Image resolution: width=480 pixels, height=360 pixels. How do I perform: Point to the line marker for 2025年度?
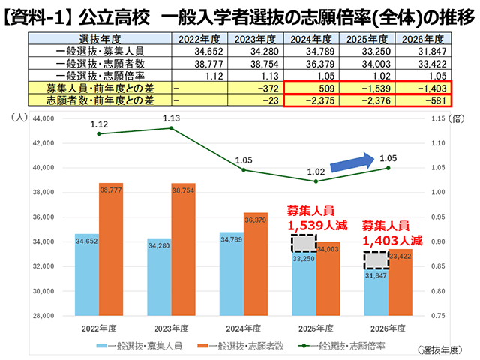click(316, 181)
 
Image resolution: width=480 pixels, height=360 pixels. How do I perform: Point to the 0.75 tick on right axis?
click(439, 315)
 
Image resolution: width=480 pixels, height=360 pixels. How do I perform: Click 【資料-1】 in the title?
click(37, 14)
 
